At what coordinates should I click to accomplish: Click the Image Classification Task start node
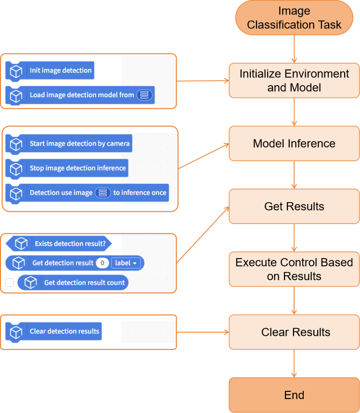tap(294, 18)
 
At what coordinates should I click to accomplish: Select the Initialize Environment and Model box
tap(294, 80)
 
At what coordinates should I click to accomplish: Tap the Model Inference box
tap(294, 143)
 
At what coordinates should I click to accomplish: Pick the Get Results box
tap(294, 206)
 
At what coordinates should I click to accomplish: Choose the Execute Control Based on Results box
tap(294, 269)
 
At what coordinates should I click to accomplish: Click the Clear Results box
tap(294, 332)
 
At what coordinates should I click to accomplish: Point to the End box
tap(294, 395)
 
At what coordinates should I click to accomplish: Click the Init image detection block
tap(50, 70)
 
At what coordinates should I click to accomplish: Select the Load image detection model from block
tap(80, 95)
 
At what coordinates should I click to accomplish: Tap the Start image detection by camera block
tap(69, 143)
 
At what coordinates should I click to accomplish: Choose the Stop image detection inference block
tap(67, 168)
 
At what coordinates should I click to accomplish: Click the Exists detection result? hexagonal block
tap(59, 244)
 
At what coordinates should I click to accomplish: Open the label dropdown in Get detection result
tap(126, 263)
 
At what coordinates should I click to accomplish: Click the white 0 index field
tap(103, 263)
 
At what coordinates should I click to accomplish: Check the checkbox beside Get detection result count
tap(10, 283)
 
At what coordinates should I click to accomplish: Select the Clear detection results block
tap(53, 331)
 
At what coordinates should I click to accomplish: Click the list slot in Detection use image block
tap(103, 193)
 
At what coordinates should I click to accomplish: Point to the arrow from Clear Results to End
tap(294, 363)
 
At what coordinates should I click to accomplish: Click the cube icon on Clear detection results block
tap(16, 332)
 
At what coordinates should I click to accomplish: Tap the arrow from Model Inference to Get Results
tap(294, 175)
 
